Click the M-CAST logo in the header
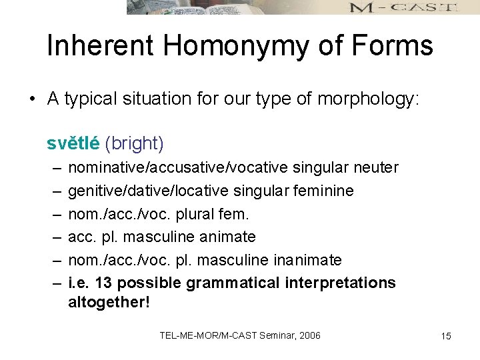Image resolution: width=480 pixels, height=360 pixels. coord(403,7)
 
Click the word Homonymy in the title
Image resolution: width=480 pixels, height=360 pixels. coord(239,46)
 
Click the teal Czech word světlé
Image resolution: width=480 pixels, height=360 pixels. coord(73,143)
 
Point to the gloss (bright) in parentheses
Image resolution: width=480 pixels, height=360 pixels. coord(134,143)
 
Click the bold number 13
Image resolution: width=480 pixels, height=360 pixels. coord(103,283)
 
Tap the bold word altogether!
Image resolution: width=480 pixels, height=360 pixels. coord(109,302)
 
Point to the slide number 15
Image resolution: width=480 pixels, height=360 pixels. coord(446,336)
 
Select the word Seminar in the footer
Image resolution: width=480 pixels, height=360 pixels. coord(272,335)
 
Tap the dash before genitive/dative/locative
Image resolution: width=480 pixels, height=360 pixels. coord(53,191)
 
